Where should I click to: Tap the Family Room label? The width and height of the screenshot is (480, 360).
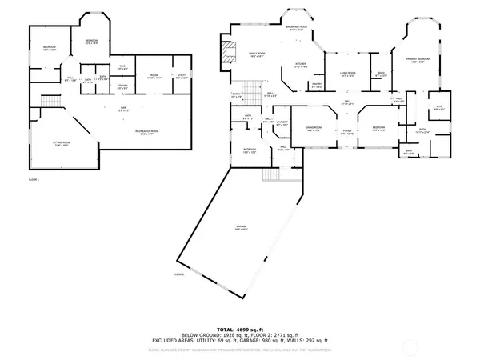258,54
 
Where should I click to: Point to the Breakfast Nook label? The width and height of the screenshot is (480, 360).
296,28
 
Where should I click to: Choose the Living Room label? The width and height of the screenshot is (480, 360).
346,74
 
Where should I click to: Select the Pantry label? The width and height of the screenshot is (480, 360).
317,85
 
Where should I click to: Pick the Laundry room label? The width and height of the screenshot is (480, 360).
282,124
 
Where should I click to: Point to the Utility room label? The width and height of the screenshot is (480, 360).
182,77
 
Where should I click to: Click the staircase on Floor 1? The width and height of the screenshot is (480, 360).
50,101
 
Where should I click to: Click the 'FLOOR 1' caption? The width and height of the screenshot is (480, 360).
33,180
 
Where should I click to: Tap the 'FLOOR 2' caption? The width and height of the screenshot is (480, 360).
178,274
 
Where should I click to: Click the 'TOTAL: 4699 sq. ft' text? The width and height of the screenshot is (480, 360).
240,330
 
